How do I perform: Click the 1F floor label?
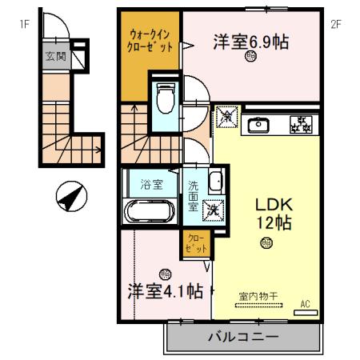point(25,23)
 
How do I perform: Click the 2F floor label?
point(336,23)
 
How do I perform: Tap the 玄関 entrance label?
point(56,58)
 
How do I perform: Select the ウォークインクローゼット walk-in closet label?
point(150,41)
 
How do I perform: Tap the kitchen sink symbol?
point(260,124)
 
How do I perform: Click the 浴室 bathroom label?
point(152,184)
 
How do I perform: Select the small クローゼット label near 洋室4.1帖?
point(194,245)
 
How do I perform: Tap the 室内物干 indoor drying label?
point(258,297)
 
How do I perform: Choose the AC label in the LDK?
point(306,303)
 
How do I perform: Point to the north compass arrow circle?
point(70,195)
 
